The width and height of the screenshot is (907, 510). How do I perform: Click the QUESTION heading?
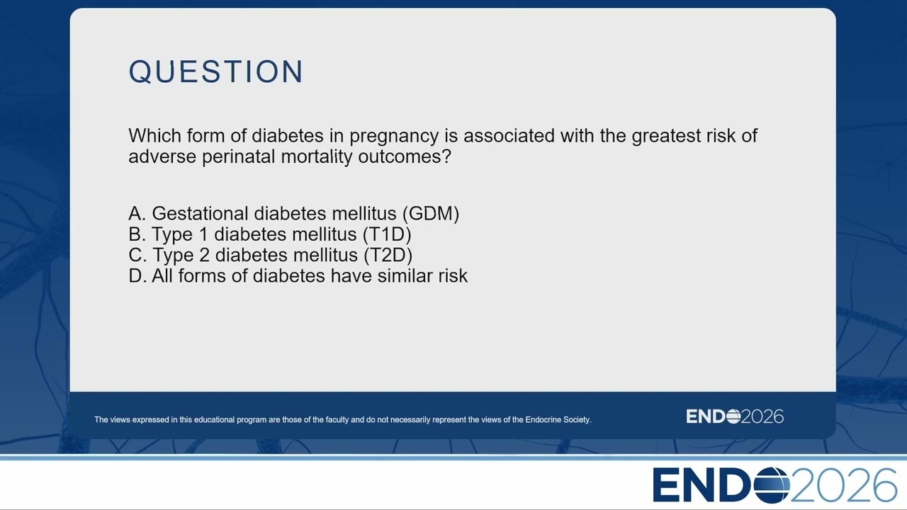tap(216, 72)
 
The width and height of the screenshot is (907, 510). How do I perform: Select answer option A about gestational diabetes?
tap(294, 213)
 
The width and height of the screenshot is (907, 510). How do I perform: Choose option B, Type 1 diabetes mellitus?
tap(270, 234)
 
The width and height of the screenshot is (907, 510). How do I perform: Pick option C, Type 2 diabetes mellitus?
tap(271, 255)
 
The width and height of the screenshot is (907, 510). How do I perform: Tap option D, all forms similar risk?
tap(298, 276)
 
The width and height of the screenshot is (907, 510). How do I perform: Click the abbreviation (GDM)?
tap(431, 214)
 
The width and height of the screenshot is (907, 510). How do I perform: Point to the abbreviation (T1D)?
tap(387, 234)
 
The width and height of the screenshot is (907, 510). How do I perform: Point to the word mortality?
tap(317, 157)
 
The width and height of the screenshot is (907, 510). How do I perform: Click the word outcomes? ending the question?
tap(405, 157)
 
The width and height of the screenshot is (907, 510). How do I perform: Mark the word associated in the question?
tap(509, 135)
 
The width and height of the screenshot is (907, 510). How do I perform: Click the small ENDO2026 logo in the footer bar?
tap(735, 416)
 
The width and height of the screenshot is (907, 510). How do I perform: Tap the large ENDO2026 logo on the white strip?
tap(774, 485)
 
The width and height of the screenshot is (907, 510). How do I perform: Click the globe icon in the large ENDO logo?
tap(772, 485)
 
